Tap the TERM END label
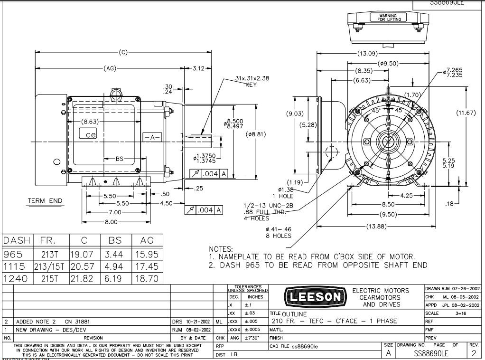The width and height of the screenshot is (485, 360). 45,201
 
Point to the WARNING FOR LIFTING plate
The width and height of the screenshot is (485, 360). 388,18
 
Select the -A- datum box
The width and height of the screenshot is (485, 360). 152,137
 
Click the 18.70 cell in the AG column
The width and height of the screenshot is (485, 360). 147,278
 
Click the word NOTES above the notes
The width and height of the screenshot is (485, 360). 221,249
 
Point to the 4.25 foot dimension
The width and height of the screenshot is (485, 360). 406,195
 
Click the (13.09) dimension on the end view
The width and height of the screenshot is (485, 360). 367,53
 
